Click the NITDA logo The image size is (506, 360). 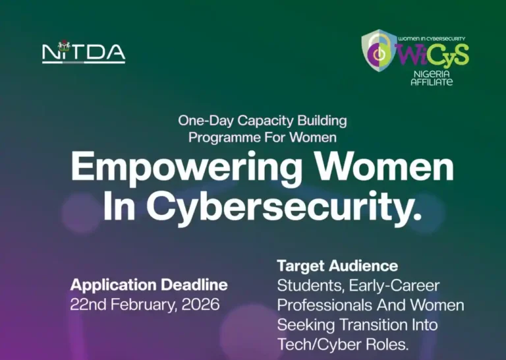click(x=84, y=52)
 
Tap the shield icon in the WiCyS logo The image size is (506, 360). click(x=379, y=51)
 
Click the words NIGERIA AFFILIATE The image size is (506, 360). click(x=432, y=78)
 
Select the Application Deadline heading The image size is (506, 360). click(x=149, y=285)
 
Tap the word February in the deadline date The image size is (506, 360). click(x=140, y=305)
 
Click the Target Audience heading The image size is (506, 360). click(x=337, y=266)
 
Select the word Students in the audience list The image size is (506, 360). click(x=306, y=286)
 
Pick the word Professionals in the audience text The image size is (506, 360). click(x=323, y=306)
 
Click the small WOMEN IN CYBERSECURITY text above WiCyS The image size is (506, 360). click(x=432, y=40)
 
